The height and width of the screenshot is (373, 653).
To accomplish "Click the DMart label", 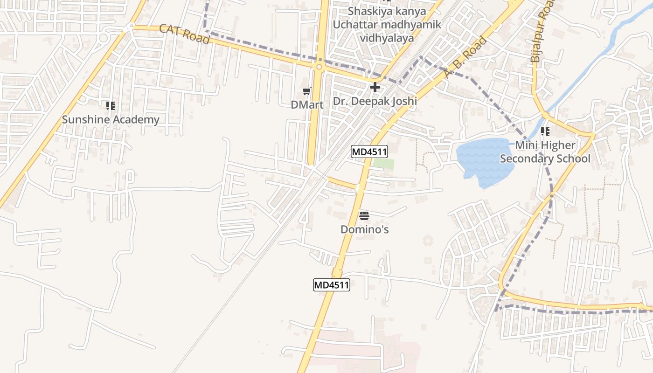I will pyautogui.click(x=307, y=104).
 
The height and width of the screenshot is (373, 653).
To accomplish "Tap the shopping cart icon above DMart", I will pyautogui.click(x=306, y=91).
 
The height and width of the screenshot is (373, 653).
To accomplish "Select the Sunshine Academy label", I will pyautogui.click(x=111, y=119).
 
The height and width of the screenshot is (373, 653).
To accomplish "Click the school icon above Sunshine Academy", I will pyautogui.click(x=110, y=106).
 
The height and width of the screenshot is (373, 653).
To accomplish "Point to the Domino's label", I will pyautogui.click(x=364, y=229).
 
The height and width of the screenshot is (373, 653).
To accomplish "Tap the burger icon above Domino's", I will pyautogui.click(x=364, y=215).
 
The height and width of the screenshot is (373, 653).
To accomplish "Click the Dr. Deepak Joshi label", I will pyautogui.click(x=375, y=101).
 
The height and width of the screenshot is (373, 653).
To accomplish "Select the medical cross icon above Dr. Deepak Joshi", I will pyautogui.click(x=375, y=87).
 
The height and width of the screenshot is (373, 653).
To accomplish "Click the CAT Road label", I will pyautogui.click(x=184, y=34).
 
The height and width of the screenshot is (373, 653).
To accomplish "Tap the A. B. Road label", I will pyautogui.click(x=465, y=57).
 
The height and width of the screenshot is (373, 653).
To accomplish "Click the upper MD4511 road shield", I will pyautogui.click(x=369, y=152).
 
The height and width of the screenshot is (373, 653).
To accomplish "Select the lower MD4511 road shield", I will pyautogui.click(x=331, y=285).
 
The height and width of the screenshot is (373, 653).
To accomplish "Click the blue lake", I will pyautogui.click(x=480, y=161).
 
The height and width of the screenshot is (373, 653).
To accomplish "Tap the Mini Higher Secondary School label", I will pyautogui.click(x=545, y=152).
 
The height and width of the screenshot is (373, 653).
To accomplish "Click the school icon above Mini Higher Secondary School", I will pyautogui.click(x=545, y=132).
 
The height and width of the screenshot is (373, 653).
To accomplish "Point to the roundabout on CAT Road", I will pyautogui.click(x=319, y=67).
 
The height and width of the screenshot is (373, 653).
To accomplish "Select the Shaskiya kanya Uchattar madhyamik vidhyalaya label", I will pyautogui.click(x=386, y=24).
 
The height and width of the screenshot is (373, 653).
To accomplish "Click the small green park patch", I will pyautogui.click(x=383, y=164).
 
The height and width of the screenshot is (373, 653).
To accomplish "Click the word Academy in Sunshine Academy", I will pyautogui.click(x=136, y=119).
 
